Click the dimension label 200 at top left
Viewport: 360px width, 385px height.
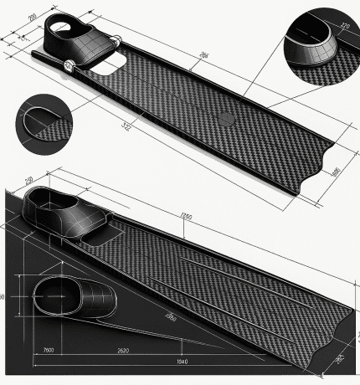pyautogui.click(x=33, y=17)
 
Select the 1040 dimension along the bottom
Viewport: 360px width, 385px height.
pyautogui.click(x=183, y=361)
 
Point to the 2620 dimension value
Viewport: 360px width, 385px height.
pyautogui.click(x=122, y=350)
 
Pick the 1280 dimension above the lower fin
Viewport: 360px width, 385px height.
pyautogui.click(x=186, y=217)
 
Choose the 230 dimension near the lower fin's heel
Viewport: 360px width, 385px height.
pyautogui.click(x=28, y=181)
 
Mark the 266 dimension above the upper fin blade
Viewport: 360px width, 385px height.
pyautogui.click(x=203, y=56)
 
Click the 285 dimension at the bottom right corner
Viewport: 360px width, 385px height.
pyautogui.click(x=339, y=359)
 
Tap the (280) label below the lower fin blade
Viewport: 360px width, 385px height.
pyautogui.click(x=170, y=316)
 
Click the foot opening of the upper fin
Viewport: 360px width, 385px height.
pyautogui.click(x=62, y=28)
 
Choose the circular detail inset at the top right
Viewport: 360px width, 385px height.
pyautogui.click(x=321, y=44)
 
